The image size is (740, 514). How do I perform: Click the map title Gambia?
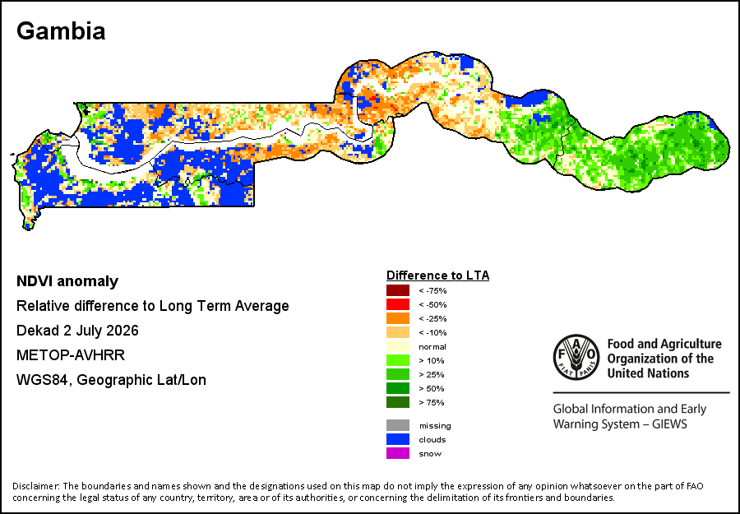click(61, 31)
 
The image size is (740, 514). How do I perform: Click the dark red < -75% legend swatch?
click(398, 290)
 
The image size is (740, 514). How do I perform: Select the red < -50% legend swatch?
click(398, 304)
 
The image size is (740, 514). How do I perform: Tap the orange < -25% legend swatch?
click(398, 318)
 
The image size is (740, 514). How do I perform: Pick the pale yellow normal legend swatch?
click(398, 346)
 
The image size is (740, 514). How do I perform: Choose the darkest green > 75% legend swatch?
click(398, 402)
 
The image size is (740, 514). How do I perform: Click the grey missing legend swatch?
click(398, 425)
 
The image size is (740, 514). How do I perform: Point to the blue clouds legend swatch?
click(398, 439)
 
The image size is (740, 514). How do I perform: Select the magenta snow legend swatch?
click(398, 454)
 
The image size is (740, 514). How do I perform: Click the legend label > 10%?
click(432, 360)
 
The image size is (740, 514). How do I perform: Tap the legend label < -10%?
click(432, 333)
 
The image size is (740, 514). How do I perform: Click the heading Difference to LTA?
click(438, 276)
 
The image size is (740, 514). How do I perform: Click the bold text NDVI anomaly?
click(67, 281)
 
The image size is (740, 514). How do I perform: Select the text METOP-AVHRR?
click(71, 355)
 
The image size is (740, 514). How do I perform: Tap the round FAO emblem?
click(576, 357)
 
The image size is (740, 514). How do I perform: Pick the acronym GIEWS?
click(669, 424)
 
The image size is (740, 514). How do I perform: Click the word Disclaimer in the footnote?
click(36, 486)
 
